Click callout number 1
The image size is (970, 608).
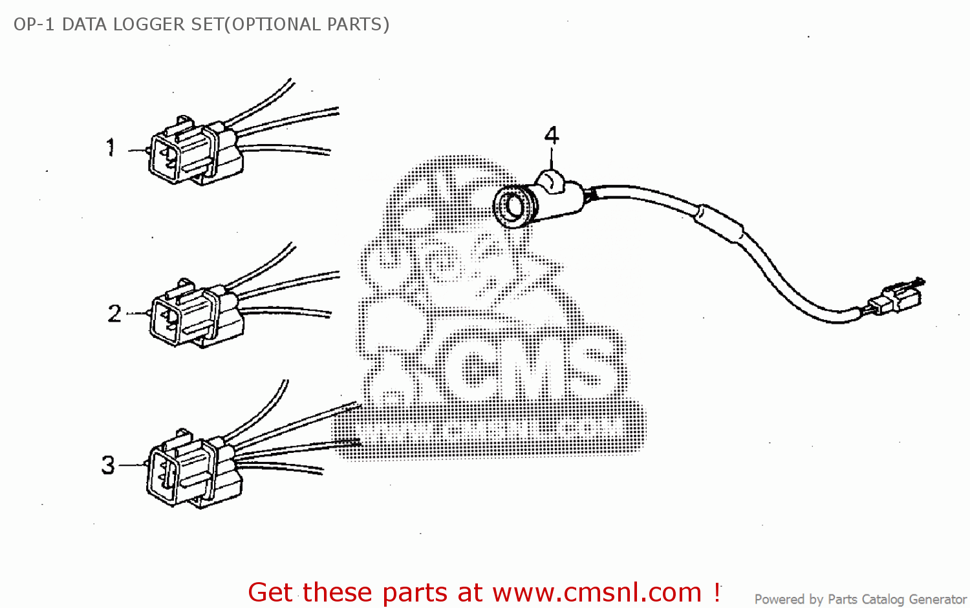coord(111,147)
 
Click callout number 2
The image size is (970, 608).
coord(114,314)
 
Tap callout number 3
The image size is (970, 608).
coord(108,465)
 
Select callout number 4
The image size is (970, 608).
coord(552,136)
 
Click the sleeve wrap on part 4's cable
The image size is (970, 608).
coord(719,222)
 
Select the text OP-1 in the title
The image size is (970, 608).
coord(34,25)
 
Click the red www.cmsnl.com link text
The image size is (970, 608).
coord(597,592)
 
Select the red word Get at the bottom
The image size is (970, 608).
coord(271,592)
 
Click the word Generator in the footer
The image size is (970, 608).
coord(937,600)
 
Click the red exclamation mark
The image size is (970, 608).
coord(717,591)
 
